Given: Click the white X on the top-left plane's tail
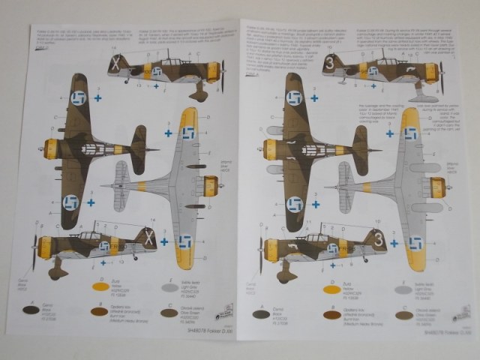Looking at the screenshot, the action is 115,64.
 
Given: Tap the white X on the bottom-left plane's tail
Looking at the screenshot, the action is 148,242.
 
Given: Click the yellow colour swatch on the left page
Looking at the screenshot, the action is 102,286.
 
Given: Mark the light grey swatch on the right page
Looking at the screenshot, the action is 403,289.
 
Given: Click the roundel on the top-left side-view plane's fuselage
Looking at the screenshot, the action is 158,71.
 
